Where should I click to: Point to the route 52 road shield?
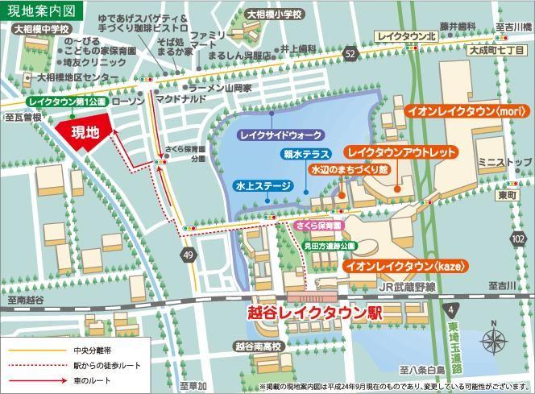click(348, 53)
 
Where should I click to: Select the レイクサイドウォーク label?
click(282, 134)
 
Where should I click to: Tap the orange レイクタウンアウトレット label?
click(401, 151)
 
